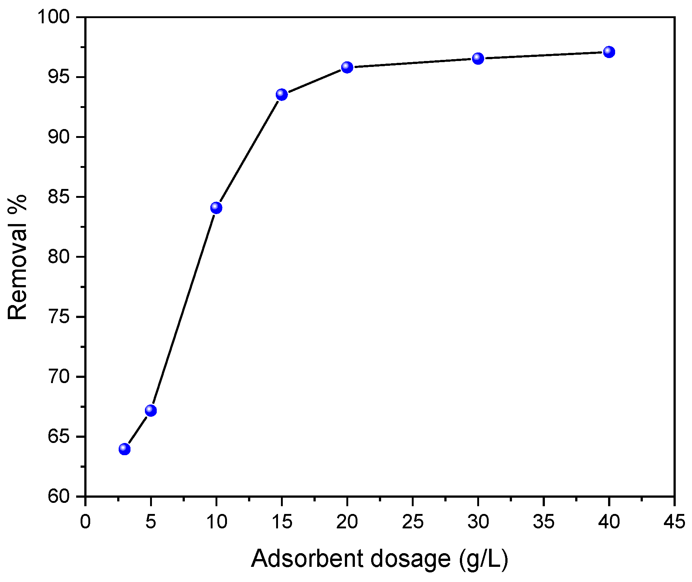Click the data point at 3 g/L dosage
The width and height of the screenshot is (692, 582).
pyautogui.click(x=125, y=449)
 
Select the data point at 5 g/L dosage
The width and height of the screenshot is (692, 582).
pyautogui.click(x=151, y=410)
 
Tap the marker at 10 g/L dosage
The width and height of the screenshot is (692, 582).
pyautogui.click(x=216, y=208)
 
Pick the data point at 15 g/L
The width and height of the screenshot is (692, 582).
pyautogui.click(x=282, y=95)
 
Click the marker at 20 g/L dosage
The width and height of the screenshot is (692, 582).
pyautogui.click(x=347, y=67)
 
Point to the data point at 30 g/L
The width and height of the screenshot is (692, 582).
pyautogui.click(x=478, y=58)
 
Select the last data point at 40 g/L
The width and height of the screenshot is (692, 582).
pyautogui.click(x=609, y=52)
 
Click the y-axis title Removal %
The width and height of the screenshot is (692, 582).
pyautogui.click(x=18, y=257)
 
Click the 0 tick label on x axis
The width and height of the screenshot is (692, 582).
pyautogui.click(x=85, y=522)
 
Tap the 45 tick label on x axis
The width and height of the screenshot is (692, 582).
pyautogui.click(x=674, y=522)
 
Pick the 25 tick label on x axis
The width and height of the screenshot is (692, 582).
pyautogui.click(x=413, y=522)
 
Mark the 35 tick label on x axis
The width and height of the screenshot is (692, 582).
pyautogui.click(x=543, y=522)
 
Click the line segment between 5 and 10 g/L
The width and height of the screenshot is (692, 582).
pyautogui.click(x=184, y=309)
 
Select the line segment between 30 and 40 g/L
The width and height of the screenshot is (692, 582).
pyautogui.click(x=543, y=55)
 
